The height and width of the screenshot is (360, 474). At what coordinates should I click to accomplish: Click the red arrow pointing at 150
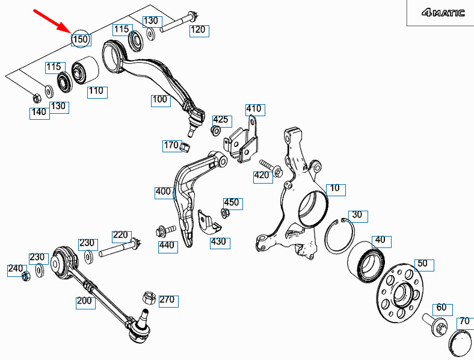pos(52,20)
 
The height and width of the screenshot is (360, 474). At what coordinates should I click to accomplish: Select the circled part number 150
pos(81,39)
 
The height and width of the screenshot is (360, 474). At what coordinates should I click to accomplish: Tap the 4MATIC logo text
pos(443,13)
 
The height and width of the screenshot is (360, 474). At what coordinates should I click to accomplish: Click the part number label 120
pos(199,30)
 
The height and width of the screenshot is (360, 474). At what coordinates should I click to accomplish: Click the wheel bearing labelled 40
pos(366,262)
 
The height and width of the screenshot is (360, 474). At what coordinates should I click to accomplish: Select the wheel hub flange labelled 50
pos(400,293)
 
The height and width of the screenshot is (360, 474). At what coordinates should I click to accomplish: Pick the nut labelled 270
pos(149,298)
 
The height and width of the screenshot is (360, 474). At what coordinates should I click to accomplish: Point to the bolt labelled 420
pos(271,168)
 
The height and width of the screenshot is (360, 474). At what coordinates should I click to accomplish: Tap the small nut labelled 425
pos(215,131)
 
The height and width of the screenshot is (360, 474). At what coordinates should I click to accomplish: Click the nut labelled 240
pos(26,276)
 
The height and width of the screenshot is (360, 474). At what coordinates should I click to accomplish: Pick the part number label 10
pos(336,190)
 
